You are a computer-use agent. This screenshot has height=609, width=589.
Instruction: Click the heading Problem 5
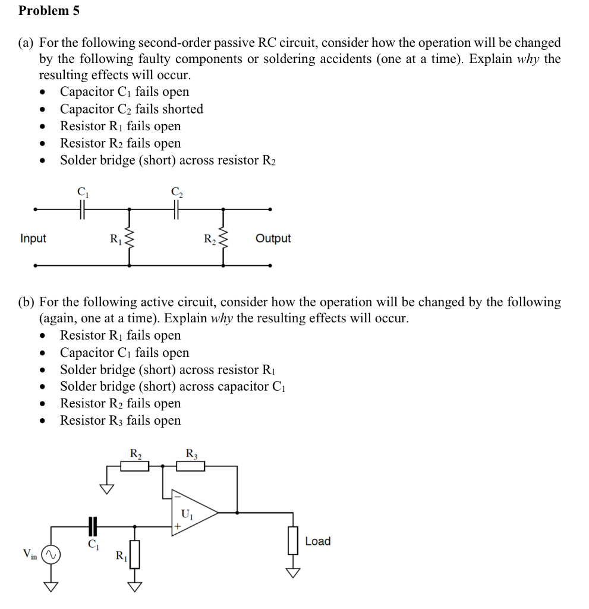click(x=49, y=11)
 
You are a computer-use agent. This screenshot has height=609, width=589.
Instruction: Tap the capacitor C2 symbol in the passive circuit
click(x=176, y=209)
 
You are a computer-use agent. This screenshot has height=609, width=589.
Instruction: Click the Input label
click(x=33, y=238)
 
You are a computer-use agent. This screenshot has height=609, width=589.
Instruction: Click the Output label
click(x=273, y=238)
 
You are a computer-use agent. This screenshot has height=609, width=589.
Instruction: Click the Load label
click(x=317, y=541)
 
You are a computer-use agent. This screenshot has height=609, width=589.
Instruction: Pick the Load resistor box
click(x=292, y=542)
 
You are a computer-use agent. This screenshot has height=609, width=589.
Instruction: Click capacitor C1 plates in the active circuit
click(x=92, y=526)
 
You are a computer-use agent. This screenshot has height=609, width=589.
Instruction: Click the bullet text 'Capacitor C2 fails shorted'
click(x=131, y=109)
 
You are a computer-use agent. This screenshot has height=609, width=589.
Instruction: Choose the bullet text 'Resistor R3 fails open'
click(x=120, y=420)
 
